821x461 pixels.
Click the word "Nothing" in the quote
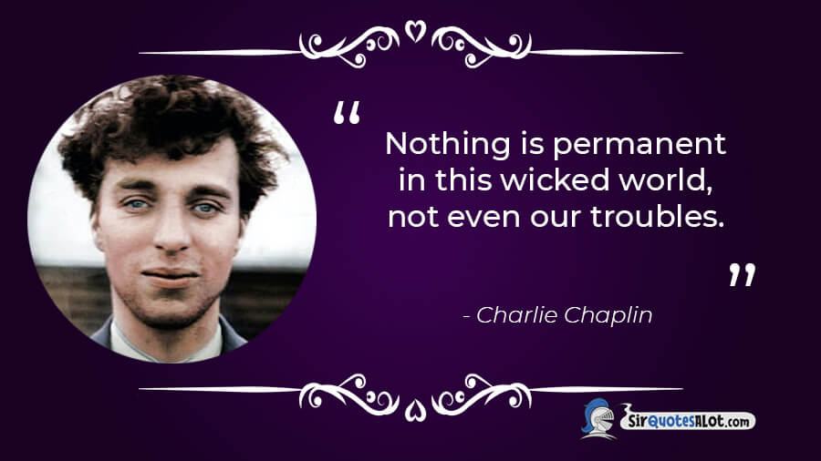click(448, 145)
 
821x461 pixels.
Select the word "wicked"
click(555, 180)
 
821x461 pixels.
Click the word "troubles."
click(658, 217)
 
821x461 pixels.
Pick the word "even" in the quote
click(483, 218)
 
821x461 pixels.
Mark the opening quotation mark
click(347, 112)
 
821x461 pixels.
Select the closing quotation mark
click(743, 274)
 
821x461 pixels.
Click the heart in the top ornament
click(415, 31)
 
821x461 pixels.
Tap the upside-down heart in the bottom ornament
click(415, 410)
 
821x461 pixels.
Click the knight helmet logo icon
click(598, 417)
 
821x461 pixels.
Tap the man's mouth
click(171, 275)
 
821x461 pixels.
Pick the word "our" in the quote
click(556, 218)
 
